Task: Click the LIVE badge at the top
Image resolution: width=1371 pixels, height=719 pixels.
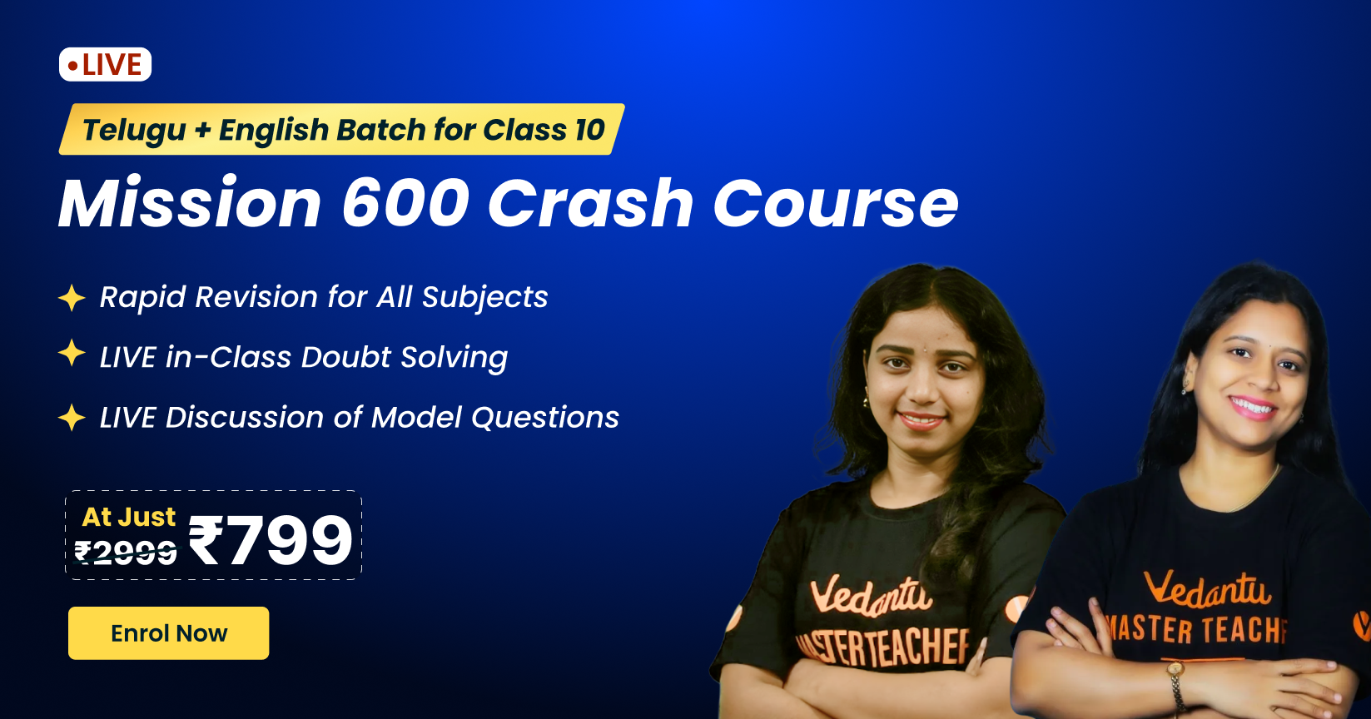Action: pos(105,64)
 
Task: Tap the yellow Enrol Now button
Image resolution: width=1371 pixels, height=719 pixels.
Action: pos(168,632)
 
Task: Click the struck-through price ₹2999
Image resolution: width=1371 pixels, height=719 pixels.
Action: pos(126,553)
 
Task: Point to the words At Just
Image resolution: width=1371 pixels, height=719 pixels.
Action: pos(128,517)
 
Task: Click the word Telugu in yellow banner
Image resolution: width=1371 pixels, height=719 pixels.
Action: pos(134,131)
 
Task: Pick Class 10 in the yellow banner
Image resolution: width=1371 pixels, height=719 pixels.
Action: pos(544,129)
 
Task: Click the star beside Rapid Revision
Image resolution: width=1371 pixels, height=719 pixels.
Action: pos(72,297)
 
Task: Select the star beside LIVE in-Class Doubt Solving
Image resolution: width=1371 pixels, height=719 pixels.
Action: pos(72,353)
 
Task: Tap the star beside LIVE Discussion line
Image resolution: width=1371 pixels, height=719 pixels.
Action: pos(72,417)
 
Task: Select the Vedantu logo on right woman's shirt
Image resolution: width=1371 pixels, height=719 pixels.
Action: pos(1206,589)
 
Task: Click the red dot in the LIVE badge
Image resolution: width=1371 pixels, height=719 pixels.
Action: pos(72,66)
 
